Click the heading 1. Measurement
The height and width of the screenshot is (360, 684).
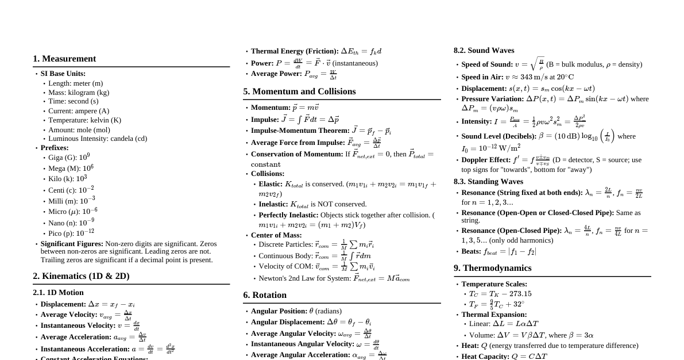pos(64,59)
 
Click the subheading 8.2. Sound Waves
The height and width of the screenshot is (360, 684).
pos(484,51)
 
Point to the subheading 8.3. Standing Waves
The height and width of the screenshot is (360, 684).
pos(488,182)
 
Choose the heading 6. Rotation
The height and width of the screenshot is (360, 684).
pos(265,295)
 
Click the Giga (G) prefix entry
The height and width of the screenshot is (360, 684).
pos(69,158)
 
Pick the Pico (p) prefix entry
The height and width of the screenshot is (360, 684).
pos(71,233)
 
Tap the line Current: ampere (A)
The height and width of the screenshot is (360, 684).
pos(79,111)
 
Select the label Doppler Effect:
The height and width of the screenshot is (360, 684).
pos(486,160)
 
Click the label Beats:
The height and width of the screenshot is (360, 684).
pos(471,251)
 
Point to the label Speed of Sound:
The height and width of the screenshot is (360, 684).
pos(487,64)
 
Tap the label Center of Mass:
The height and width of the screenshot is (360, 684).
pos(276,235)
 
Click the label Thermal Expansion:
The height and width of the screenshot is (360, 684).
pos(494,315)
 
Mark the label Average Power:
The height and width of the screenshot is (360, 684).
pos(276,74)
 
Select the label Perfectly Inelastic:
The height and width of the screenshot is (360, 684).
pos(288,215)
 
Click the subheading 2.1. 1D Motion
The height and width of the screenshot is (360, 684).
pos(58,293)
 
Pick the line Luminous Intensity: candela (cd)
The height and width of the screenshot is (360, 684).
pos(98,139)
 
